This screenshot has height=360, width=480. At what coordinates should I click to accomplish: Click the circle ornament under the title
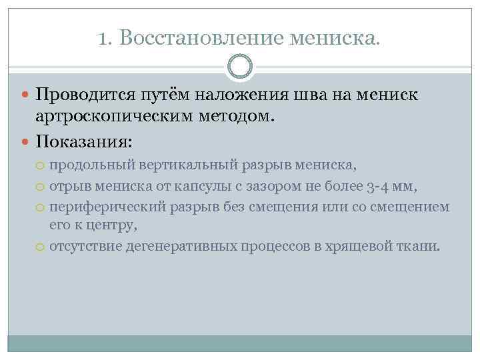coord(240,67)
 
